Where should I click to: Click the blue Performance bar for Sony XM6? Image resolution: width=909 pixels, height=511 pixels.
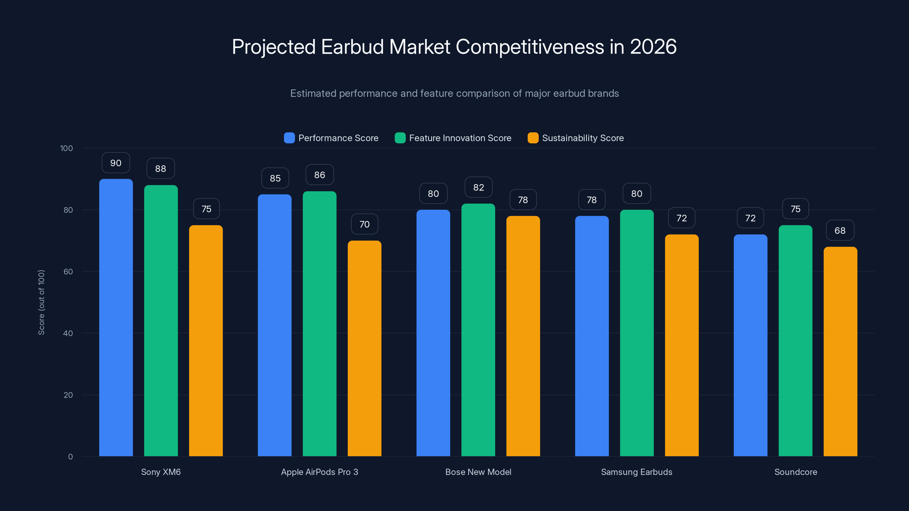[x=116, y=317]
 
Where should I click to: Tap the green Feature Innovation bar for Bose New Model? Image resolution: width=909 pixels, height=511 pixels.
[x=478, y=330]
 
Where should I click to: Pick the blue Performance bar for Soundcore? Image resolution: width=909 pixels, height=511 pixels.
[x=750, y=345]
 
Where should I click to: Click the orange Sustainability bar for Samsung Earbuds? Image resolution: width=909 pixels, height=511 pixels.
[x=681, y=345]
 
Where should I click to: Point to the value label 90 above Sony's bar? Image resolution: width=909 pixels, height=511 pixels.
[x=116, y=163]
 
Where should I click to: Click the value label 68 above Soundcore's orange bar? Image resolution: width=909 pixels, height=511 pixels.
[x=840, y=231]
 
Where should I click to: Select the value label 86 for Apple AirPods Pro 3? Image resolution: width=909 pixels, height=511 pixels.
[x=319, y=175]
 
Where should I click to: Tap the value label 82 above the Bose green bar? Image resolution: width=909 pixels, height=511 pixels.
[x=478, y=187]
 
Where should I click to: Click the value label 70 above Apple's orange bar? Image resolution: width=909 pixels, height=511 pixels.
[x=364, y=224]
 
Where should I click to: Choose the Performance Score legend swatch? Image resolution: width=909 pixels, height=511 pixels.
[x=289, y=138]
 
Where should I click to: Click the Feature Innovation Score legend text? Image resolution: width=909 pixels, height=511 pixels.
[x=460, y=138]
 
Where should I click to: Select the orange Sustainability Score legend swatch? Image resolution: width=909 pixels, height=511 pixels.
[x=533, y=138]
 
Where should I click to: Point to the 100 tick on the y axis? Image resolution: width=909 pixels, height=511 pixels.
[x=66, y=148]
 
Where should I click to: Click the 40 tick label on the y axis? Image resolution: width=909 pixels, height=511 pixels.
[x=68, y=333]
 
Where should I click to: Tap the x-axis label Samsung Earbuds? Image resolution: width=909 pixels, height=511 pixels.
[x=636, y=472]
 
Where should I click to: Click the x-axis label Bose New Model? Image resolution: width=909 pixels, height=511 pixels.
[x=478, y=472]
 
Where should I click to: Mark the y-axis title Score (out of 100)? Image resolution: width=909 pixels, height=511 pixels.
[x=41, y=302]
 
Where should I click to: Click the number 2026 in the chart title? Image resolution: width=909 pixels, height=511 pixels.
[x=653, y=47]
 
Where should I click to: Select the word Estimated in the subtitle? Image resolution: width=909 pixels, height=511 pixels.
[x=313, y=93]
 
